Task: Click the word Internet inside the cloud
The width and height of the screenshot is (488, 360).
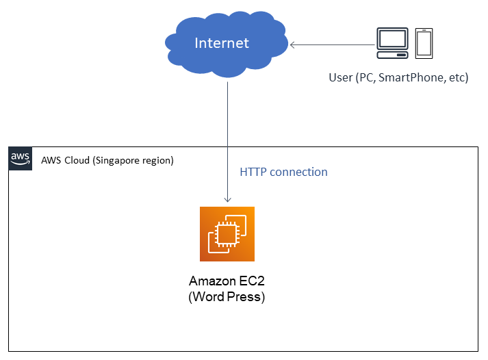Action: pos(222,43)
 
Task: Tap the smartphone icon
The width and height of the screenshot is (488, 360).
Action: pos(424,42)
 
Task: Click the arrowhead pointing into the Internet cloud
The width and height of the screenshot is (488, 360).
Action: pos(293,45)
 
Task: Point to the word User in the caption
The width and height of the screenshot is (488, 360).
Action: pos(339,77)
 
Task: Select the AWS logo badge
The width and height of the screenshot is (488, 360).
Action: pos(21,158)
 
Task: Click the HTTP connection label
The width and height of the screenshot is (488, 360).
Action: pos(283,172)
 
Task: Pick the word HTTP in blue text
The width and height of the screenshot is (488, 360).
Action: pos(253,172)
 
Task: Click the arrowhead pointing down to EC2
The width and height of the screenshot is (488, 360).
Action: pos(227,199)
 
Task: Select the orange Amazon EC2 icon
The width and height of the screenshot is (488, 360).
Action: pos(227,233)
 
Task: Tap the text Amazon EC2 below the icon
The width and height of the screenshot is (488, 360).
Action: pos(227,282)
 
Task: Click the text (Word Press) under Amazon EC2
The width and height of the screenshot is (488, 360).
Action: pos(227,297)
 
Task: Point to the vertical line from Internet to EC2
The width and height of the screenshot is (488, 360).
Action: pos(227,137)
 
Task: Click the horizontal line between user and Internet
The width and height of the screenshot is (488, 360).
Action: pos(335,45)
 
